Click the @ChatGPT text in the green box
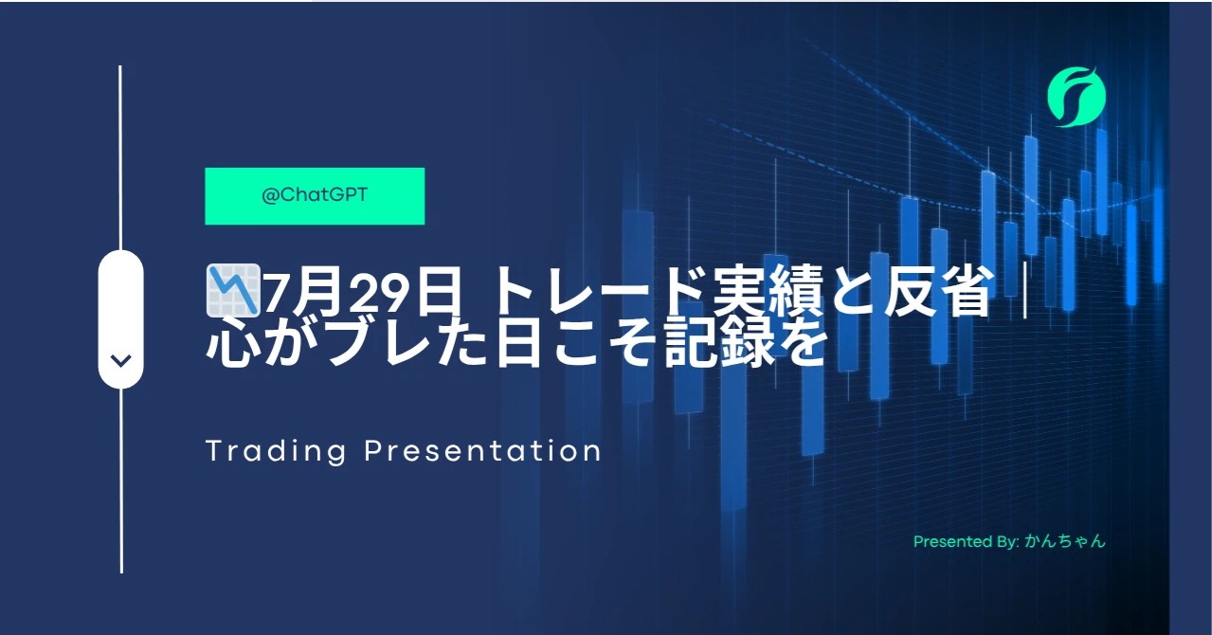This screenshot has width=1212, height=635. coord(315,195)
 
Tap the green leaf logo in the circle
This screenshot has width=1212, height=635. coord(1076,98)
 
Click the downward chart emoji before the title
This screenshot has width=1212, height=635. coord(234,290)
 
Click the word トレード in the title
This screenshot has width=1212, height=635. coord(573,293)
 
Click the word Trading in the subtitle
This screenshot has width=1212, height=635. coord(276,451)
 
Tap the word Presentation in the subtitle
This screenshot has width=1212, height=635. coord(482,450)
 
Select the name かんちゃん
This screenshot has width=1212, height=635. coord(1065,541)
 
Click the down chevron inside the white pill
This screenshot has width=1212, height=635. coord(120,361)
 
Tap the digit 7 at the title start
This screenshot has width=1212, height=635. coord(279,295)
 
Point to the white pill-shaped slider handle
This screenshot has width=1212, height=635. coord(120,318)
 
